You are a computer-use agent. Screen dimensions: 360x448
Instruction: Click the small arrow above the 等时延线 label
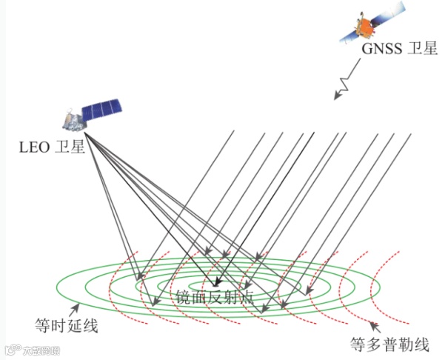(76, 307)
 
